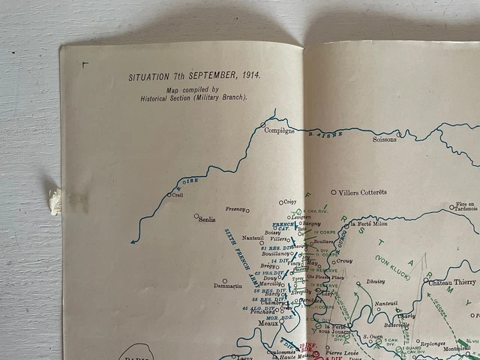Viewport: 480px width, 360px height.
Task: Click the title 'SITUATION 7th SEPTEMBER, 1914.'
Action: click(x=193, y=76)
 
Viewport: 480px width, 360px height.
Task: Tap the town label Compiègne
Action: click(x=278, y=130)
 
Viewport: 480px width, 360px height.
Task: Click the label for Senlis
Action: click(x=206, y=220)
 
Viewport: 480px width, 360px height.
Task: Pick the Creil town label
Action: click(x=177, y=195)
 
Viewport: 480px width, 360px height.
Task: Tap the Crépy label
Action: click(x=289, y=202)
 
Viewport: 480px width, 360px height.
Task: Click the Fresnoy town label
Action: click(x=235, y=209)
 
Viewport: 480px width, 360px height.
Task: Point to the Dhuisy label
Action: click(x=376, y=282)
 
